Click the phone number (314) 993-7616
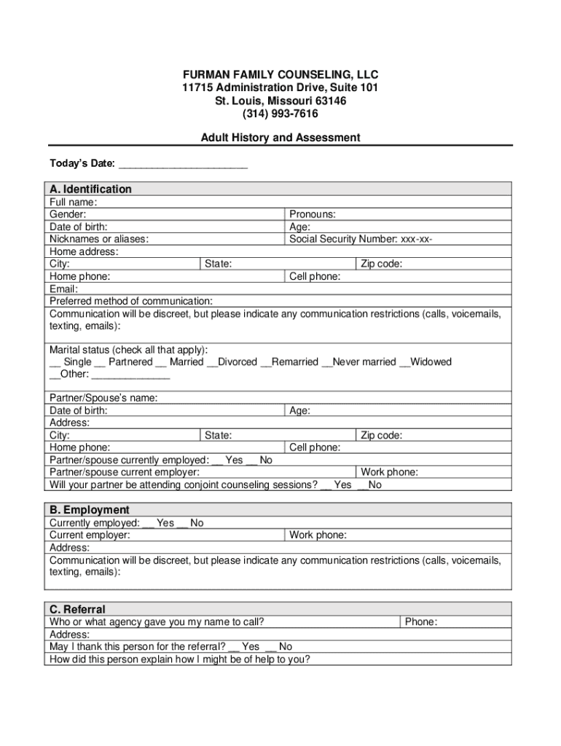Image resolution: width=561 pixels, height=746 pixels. coord(280,114)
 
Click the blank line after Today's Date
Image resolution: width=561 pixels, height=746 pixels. coord(183,163)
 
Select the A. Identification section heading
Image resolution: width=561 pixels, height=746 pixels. coord(91,189)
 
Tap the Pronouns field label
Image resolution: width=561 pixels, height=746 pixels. coord(313,214)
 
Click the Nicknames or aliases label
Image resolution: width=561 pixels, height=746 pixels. coord(99,239)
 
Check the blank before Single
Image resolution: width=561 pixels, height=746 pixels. coord(55,363)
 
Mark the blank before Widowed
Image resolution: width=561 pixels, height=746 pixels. coord(404,363)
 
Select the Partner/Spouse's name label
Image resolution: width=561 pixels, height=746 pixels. coord(103,398)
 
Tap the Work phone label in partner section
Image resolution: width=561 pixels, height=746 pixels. coord(390,472)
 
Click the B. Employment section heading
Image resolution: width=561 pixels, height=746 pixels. coord(90,510)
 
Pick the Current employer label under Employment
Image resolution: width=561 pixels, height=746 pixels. coord(90,535)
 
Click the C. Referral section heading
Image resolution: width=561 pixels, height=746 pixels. coord(78,609)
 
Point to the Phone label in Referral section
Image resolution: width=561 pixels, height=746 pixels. coord(421,622)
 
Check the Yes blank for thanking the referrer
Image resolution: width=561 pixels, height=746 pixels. coord(234,648)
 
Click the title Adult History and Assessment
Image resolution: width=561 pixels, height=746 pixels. coord(280,138)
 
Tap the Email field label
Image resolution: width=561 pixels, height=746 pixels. coord(63,288)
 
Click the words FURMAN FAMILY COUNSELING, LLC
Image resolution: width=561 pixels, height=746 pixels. coord(280,75)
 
